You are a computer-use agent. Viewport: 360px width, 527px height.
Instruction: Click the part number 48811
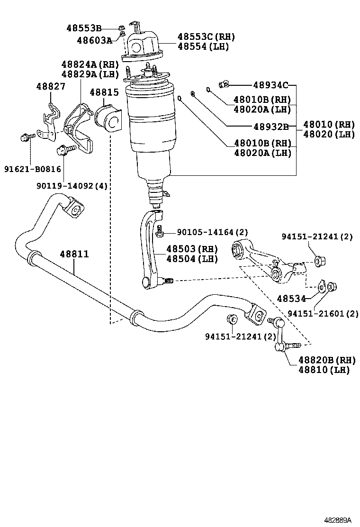(x=74, y=254)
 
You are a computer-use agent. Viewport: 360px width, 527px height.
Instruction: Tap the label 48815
(x=104, y=92)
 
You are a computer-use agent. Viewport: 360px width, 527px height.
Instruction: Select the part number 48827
(x=51, y=86)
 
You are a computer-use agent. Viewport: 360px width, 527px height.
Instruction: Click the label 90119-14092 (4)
(x=72, y=185)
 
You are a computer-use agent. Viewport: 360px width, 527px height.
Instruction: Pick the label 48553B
(x=84, y=28)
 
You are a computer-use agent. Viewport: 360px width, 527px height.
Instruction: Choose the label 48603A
(x=95, y=40)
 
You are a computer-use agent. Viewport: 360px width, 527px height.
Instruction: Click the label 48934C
(x=270, y=85)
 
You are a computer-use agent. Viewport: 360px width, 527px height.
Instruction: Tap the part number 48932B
(x=271, y=127)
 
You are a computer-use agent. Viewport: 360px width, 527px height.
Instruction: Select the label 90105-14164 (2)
(x=212, y=232)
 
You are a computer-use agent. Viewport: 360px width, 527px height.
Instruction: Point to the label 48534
(x=291, y=299)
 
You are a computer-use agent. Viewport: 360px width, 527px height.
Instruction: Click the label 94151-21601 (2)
(x=323, y=314)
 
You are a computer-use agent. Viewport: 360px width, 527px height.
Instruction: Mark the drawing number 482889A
(x=337, y=520)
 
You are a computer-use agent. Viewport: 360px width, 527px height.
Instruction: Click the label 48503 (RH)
(x=192, y=249)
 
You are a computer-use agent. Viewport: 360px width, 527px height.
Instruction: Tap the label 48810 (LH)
(x=324, y=370)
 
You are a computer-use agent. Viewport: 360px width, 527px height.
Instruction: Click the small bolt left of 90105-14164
(x=160, y=231)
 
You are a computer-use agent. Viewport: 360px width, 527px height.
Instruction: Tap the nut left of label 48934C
(x=224, y=84)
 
